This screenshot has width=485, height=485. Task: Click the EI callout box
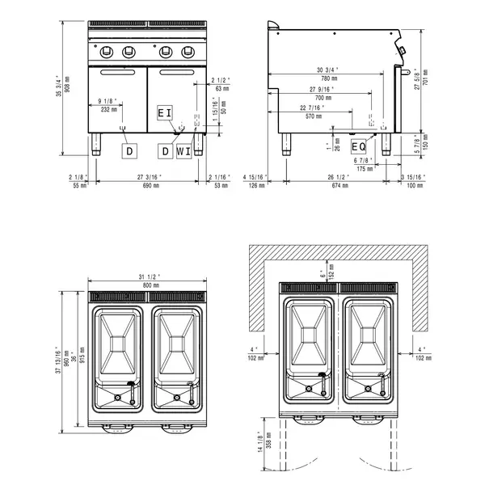165,112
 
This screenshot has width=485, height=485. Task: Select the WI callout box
184,150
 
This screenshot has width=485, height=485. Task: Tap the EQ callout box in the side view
359,146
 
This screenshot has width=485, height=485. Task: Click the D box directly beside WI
165,150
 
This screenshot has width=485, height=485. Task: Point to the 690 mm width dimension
150,186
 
